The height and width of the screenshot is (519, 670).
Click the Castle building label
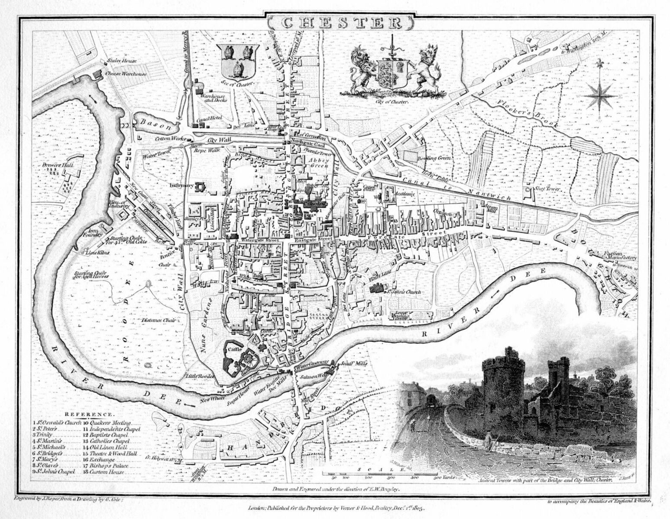(x=236, y=346)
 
